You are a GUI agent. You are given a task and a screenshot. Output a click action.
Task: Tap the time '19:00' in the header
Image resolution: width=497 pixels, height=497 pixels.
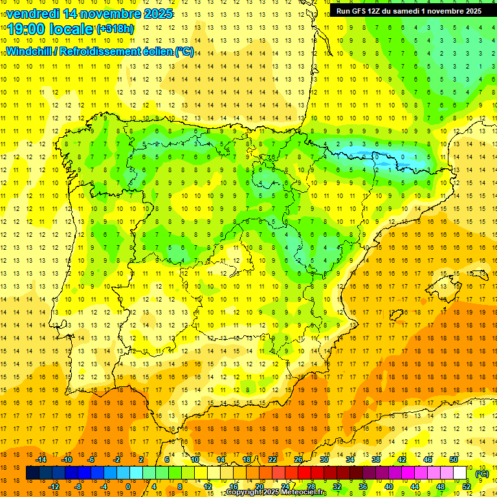[27, 29]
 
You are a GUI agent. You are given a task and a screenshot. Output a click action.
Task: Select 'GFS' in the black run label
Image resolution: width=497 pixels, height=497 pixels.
[362, 11]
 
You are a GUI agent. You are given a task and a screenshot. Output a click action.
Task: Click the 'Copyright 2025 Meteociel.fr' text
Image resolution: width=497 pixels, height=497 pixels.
[276, 492]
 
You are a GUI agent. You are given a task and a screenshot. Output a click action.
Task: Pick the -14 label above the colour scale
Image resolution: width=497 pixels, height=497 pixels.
[41, 459]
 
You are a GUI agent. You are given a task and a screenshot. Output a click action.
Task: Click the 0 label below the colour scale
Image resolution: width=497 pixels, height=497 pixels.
[128, 487]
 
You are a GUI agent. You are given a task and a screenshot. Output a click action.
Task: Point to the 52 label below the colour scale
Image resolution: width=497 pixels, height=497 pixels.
[467, 487]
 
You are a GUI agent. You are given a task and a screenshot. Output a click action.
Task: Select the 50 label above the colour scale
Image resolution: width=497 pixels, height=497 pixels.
[454, 459]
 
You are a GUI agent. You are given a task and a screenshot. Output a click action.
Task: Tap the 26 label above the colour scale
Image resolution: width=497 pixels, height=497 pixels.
[298, 459]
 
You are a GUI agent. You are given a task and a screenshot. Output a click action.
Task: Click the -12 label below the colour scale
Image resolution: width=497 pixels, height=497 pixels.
[54, 487]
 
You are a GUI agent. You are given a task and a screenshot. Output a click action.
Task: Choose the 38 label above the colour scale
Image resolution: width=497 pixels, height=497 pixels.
[376, 459]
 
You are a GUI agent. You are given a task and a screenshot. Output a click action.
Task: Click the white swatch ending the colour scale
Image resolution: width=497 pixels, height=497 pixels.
[460, 473]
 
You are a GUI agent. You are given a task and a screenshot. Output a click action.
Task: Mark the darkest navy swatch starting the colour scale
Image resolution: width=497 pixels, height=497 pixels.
[32, 473]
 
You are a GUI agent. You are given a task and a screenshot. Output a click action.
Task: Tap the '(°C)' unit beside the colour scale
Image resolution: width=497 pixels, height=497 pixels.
[482, 473]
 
